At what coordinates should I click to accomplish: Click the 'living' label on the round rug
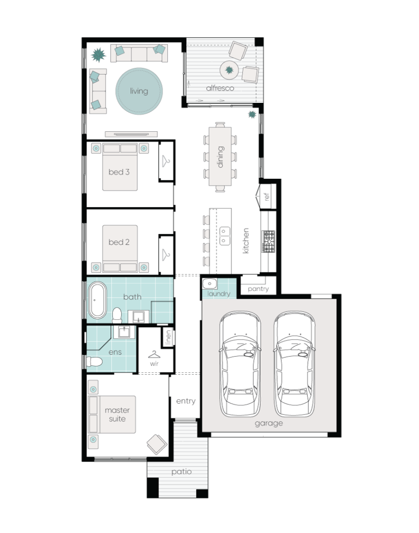click(x=139, y=91)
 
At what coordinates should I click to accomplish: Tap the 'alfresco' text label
click(x=220, y=88)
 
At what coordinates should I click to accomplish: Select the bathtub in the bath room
click(x=97, y=301)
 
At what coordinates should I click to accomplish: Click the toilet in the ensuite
click(x=94, y=362)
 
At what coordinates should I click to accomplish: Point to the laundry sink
click(x=209, y=284)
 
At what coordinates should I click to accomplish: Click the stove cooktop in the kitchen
click(x=269, y=241)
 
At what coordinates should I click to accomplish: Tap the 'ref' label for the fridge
click(x=267, y=197)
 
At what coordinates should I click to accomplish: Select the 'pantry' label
click(x=258, y=289)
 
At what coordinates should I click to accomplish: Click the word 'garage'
click(x=269, y=423)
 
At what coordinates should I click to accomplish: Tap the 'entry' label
click(x=186, y=401)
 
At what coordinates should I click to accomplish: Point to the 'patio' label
click(x=181, y=472)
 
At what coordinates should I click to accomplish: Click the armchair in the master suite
click(x=157, y=444)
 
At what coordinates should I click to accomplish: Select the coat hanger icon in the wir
click(x=154, y=354)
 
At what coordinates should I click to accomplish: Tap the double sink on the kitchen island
click(x=225, y=236)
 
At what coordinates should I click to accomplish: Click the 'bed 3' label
click(x=119, y=172)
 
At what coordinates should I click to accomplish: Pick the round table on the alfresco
click(x=229, y=70)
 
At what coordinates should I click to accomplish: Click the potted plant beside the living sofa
click(x=99, y=55)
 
